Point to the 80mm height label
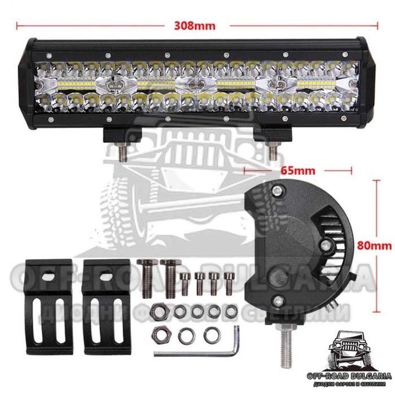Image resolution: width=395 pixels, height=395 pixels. pyautogui.click(x=376, y=244)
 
